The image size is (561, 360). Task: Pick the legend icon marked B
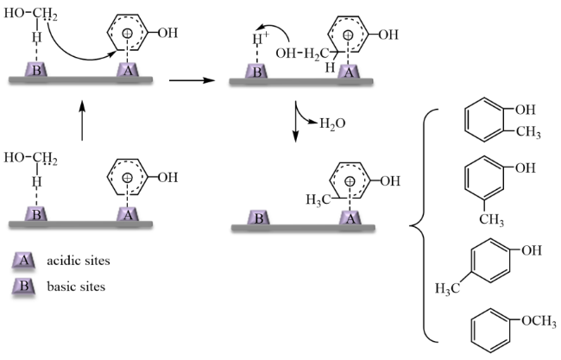point(26,286)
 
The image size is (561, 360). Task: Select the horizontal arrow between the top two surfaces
point(189,80)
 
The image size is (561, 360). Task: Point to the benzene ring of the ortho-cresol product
point(482,120)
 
